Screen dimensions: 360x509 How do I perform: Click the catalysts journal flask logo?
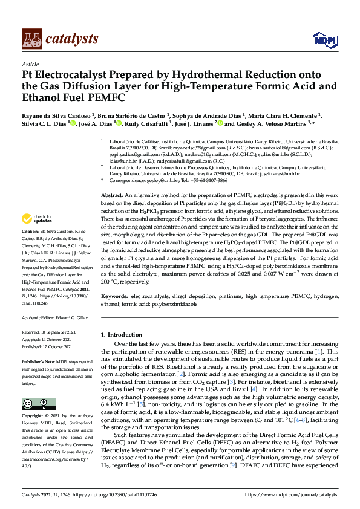31,39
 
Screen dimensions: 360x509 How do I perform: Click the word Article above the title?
30,64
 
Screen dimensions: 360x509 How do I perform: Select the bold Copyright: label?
34,416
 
